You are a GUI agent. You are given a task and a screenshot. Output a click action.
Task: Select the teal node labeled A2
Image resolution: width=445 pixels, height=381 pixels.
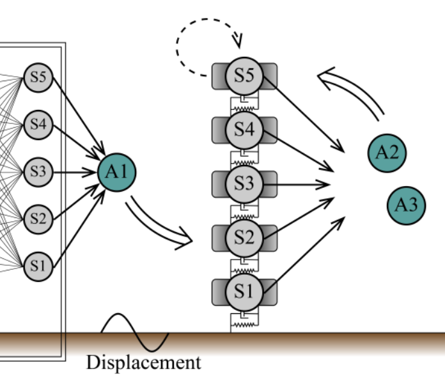click(387, 152)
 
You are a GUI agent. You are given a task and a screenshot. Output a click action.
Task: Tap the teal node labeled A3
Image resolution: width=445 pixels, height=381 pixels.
click(406, 205)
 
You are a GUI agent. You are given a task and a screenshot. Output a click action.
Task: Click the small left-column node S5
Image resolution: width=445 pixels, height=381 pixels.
click(37, 78)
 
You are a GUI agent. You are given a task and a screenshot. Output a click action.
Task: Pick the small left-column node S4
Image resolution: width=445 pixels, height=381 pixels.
click(37, 124)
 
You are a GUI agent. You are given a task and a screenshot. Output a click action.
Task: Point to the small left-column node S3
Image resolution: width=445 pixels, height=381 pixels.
click(37, 171)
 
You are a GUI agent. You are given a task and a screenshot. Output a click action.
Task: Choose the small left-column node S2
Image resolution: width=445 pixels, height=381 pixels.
click(37, 219)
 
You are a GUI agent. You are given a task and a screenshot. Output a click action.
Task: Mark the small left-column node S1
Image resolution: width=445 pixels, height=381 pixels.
click(37, 266)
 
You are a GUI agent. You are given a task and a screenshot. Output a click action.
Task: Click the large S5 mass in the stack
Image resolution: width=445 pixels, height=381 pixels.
click(244, 75)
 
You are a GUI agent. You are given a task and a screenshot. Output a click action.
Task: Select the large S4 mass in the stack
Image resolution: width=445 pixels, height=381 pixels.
click(244, 129)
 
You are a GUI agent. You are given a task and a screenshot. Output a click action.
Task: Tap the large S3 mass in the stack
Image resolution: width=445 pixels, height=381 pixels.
click(244, 183)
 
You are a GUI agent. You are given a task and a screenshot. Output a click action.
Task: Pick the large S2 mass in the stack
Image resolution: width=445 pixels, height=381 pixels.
click(244, 237)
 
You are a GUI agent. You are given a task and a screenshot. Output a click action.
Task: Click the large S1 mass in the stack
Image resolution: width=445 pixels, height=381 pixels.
click(244, 292)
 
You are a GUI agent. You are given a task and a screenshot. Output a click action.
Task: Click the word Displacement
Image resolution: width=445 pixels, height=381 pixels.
click(143, 363)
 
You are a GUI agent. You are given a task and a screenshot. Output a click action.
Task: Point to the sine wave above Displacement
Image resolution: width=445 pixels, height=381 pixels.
click(134, 332)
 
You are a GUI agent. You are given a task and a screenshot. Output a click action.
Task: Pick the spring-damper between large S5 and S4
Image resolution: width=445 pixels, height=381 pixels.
click(244, 102)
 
